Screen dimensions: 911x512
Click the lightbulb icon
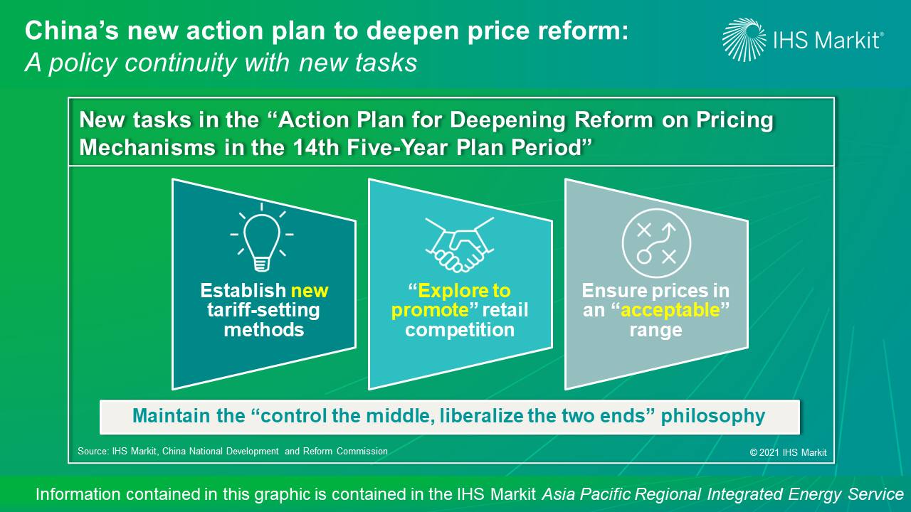coord(262,238)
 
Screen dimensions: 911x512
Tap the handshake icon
coord(460,245)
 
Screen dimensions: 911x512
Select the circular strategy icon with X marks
coord(656,243)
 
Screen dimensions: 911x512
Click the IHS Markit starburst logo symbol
coord(744,40)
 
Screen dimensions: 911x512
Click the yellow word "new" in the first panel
coord(310,291)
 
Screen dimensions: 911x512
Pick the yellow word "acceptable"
coord(670,311)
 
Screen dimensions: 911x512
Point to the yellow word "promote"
coord(430,311)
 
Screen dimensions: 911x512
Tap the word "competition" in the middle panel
coord(460,329)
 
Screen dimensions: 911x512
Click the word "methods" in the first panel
coord(264,329)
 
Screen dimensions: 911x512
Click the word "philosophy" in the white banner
coord(713,416)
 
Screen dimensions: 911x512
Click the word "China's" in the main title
coord(73,31)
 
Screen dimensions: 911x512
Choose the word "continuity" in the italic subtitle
coord(180,63)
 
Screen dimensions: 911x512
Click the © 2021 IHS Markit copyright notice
coord(788,452)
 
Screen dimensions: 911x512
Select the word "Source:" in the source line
coord(93,451)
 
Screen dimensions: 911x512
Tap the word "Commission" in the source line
coord(362,451)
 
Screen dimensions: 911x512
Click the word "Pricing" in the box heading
coord(734,121)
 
